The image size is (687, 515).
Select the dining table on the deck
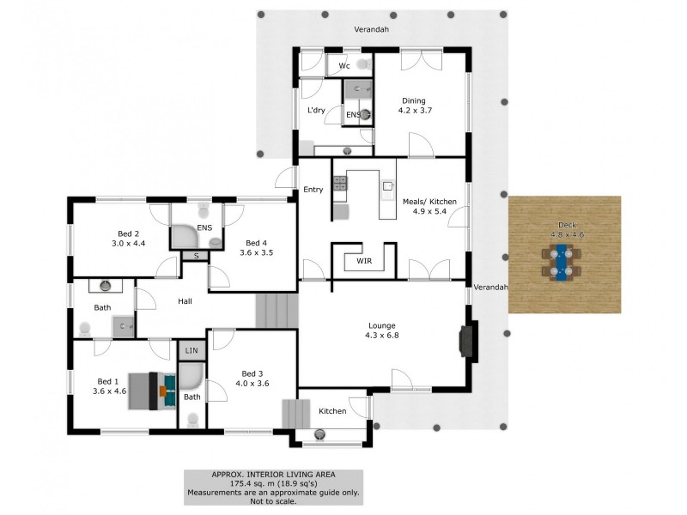[562, 262]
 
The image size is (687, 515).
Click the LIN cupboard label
[190, 351]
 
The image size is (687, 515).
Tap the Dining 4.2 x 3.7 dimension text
[413, 111]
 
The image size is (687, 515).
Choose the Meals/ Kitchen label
[429, 202]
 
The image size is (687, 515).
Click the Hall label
[185, 301]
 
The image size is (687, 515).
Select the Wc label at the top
[343, 65]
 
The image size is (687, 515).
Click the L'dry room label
[315, 111]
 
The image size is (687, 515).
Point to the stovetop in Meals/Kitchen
[339, 182]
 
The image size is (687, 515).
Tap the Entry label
[313, 190]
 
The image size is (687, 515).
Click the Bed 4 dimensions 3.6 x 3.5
[256, 252]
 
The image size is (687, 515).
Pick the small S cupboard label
[196, 256]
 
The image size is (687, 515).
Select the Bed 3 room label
[252, 373]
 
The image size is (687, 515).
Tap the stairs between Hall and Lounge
[276, 310]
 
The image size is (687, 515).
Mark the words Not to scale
[273, 501]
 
